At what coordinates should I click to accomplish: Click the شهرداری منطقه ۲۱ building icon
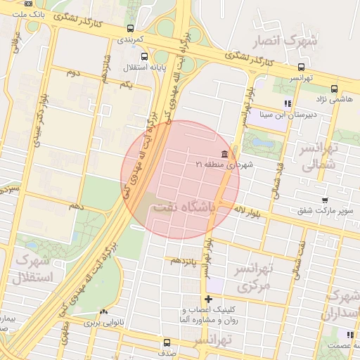[224, 154]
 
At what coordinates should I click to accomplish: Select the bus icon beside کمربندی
[130, 29]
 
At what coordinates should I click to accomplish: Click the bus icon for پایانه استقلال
[144, 57]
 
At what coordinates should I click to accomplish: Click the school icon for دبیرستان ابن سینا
[287, 104]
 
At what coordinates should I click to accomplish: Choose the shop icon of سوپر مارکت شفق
[323, 200]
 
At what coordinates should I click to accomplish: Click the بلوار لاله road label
[249, 210]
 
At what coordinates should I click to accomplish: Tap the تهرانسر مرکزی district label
[254, 278]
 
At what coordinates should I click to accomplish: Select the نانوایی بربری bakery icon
[104, 311]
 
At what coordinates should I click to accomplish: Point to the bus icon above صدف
[166, 343]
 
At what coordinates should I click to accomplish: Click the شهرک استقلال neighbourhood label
[32, 269]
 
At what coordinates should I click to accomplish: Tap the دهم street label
[76, 206]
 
